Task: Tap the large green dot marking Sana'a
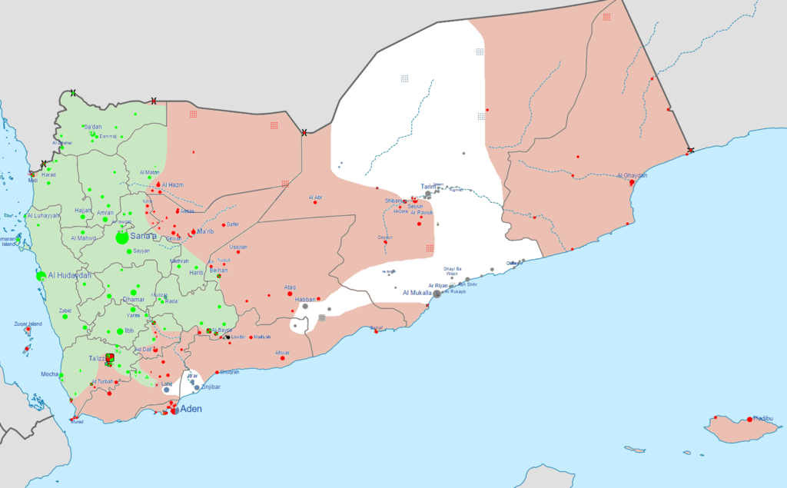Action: [122, 238]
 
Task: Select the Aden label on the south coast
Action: [191, 410]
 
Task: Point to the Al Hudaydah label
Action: [69, 275]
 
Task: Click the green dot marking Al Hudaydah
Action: [40, 275]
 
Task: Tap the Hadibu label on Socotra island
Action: [763, 419]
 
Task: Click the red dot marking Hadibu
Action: [749, 420]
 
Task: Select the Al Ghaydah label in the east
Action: [632, 175]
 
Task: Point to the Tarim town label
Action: [427, 186]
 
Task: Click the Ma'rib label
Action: [205, 231]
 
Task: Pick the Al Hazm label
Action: [173, 184]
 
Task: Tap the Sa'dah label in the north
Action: [92, 126]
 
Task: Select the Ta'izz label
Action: [98, 359]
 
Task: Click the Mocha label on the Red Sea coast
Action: [51, 374]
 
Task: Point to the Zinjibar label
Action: [210, 387]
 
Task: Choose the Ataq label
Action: [290, 287]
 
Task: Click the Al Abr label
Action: [315, 198]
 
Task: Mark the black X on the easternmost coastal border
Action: [690, 150]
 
